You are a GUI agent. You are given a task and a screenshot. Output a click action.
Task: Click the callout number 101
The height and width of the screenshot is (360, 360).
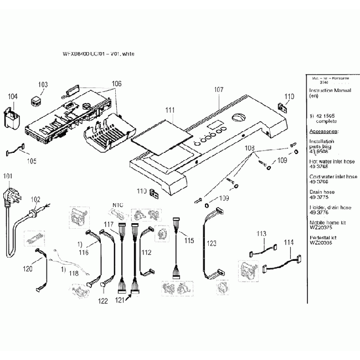(x=7, y=177)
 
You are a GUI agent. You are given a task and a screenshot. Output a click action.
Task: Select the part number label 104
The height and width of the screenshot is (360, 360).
(x=13, y=96)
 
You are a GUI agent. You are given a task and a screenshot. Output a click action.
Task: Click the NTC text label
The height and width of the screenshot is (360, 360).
(x=117, y=204)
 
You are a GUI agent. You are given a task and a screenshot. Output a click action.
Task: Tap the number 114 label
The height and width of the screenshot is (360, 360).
(x=289, y=242)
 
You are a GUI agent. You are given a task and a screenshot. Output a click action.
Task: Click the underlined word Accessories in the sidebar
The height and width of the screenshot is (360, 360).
(x=325, y=131)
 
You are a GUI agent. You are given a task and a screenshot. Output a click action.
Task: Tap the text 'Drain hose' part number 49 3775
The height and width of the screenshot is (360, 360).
(x=324, y=194)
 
